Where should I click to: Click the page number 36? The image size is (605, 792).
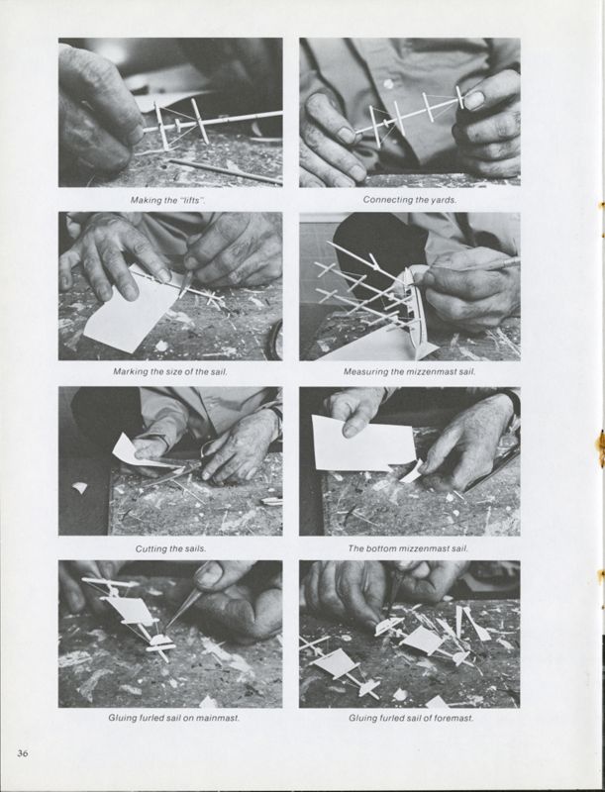pos(23,753)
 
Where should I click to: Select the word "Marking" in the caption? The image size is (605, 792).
pos(129,372)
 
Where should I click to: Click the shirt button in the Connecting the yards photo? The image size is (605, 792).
pos(388,83)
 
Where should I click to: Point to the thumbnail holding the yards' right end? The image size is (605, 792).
pos(474,101)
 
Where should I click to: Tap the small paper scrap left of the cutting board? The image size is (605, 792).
pos(79,487)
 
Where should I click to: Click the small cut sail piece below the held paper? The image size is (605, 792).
pos(411,471)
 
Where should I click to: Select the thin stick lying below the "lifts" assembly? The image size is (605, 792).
pos(226,171)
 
